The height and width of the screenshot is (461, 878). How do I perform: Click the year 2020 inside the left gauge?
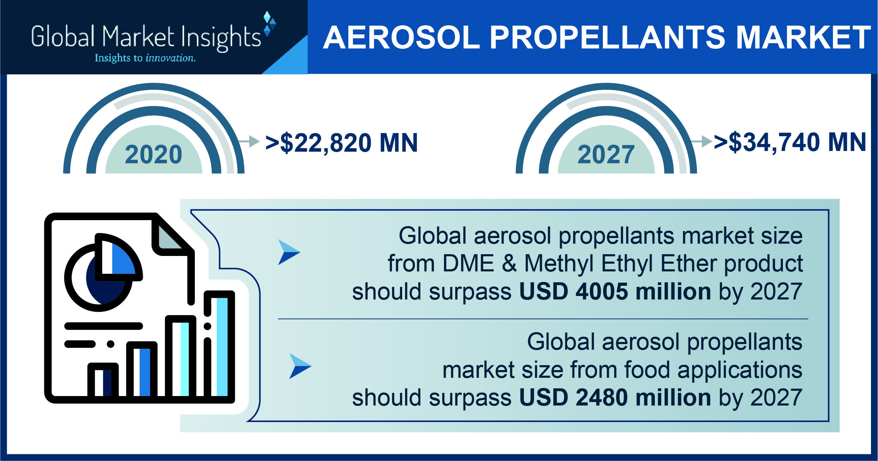tap(154, 154)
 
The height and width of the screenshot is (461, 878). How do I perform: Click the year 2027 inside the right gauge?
tap(606, 154)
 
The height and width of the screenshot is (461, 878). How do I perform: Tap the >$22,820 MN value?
tap(341, 143)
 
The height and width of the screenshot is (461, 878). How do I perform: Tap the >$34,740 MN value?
tap(790, 143)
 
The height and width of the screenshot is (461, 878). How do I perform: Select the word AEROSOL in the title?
tap(401, 37)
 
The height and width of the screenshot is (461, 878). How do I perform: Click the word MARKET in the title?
tap(803, 37)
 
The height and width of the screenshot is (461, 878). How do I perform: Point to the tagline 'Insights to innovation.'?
tap(145, 58)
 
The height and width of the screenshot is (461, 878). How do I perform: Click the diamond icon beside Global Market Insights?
tap(270, 24)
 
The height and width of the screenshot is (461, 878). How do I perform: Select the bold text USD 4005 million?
tap(615, 291)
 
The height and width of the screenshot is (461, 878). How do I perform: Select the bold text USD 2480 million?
tap(615, 397)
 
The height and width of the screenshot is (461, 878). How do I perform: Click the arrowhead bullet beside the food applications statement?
tap(300, 366)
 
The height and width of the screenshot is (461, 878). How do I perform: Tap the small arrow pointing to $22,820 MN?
tap(249, 141)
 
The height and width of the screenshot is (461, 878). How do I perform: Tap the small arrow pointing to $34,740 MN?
tap(701, 141)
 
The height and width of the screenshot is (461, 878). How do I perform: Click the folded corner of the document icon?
tap(171, 235)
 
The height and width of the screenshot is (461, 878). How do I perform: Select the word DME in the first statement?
tap(468, 263)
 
